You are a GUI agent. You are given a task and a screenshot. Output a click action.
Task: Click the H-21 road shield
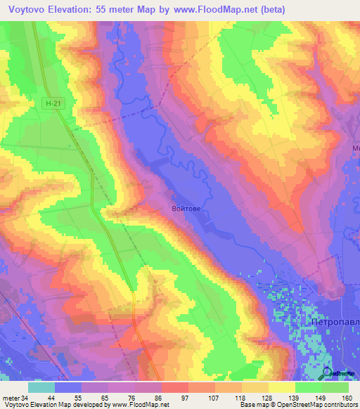49,103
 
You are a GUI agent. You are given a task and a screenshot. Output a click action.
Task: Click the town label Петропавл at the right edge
335,321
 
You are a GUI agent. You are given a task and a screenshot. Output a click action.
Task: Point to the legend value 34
27,398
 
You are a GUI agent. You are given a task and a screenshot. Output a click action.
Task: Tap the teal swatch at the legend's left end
41,387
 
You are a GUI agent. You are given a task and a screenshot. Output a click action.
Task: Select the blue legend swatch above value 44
68,387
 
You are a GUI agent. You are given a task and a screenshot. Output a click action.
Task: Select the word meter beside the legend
11,398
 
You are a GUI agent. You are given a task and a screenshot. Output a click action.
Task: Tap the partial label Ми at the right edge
354,149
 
